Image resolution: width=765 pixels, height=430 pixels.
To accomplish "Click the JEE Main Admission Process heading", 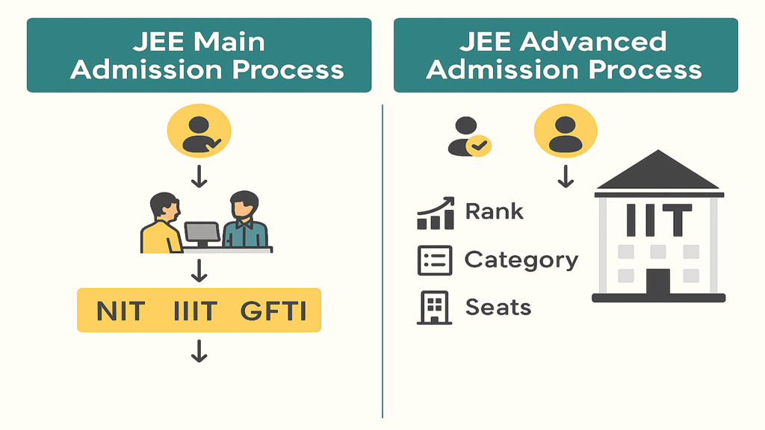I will pyautogui.click(x=199, y=55).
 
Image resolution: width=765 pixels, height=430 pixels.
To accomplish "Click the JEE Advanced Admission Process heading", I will pyautogui.click(x=566, y=55).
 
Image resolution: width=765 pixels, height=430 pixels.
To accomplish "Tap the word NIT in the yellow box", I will pyautogui.click(x=120, y=311).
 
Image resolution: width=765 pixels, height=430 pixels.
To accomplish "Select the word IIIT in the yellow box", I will pyautogui.click(x=195, y=311).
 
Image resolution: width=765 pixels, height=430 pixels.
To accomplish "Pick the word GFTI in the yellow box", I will pyautogui.click(x=273, y=311).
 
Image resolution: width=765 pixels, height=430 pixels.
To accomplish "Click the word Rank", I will pyautogui.click(x=494, y=211).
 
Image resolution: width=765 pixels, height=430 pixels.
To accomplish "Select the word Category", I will pyautogui.click(x=521, y=260).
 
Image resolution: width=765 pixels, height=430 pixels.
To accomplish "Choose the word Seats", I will pyautogui.click(x=498, y=307).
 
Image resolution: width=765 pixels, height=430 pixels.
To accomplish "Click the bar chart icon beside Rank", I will pyautogui.click(x=435, y=214).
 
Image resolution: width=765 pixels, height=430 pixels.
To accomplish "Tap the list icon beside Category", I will pyautogui.click(x=434, y=261).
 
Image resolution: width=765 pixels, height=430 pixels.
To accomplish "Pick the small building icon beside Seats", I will pyautogui.click(x=433, y=308).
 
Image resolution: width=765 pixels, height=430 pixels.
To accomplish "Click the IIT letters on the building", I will pyautogui.click(x=658, y=220).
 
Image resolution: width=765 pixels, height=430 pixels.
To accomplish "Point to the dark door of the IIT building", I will pyautogui.click(x=658, y=281).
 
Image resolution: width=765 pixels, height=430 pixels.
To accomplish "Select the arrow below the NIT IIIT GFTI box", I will pyautogui.click(x=199, y=351).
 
